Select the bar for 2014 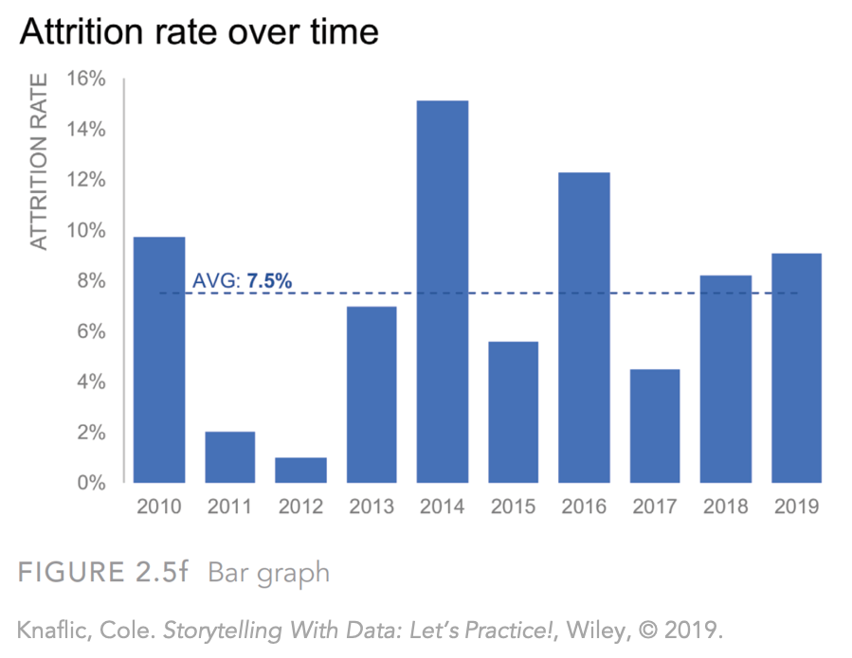(443, 292)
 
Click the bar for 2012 (300, 471)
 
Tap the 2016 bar (584, 328)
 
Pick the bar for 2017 (654, 426)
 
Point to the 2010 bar (160, 360)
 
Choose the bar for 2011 (230, 457)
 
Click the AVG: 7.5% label (242, 280)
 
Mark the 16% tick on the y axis (86, 79)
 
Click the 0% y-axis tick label (91, 483)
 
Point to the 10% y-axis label (86, 230)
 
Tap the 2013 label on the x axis (372, 507)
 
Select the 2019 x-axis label (795, 507)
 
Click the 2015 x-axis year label (513, 507)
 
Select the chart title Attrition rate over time (199, 33)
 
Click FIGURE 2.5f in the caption (103, 572)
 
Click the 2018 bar (725, 379)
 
